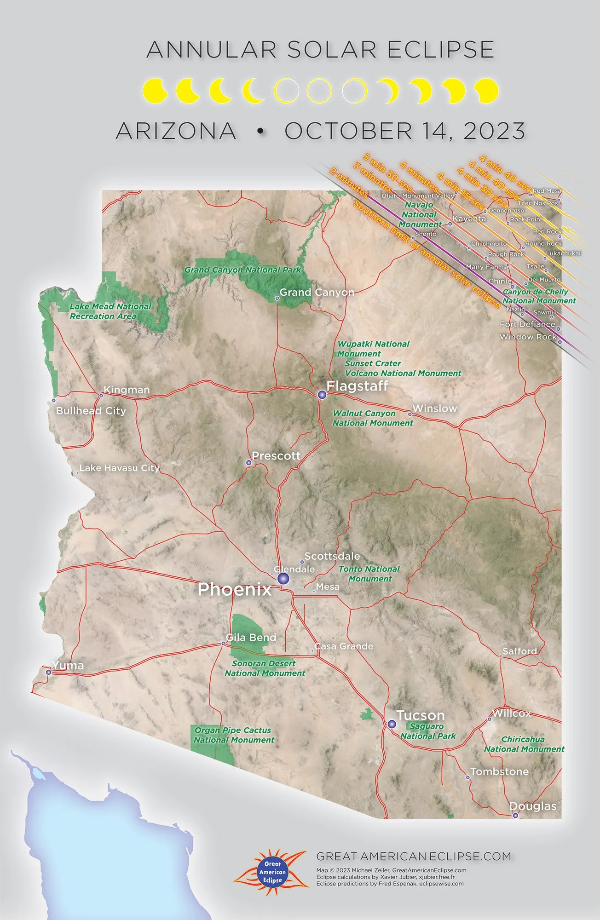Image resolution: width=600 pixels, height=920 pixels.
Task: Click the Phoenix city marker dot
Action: point(283,579)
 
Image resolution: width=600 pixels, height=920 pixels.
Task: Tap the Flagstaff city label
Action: point(357,386)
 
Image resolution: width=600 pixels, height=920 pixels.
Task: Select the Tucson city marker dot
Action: point(392,724)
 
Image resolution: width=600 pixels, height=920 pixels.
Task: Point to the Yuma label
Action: point(68,665)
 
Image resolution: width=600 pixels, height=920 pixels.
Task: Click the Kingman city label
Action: point(127,390)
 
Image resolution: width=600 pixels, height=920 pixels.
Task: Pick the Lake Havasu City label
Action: point(119,468)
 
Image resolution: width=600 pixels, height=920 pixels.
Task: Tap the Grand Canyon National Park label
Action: point(242,270)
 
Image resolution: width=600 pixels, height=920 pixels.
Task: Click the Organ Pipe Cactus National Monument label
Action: point(233,735)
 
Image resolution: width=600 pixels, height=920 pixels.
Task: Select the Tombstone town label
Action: point(499,771)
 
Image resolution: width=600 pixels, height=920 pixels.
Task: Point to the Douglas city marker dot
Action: point(515,816)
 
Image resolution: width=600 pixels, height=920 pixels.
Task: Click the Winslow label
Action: point(434,408)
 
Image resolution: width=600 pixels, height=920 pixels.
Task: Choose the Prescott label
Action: point(276,456)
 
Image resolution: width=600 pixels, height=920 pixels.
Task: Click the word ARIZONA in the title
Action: point(176,131)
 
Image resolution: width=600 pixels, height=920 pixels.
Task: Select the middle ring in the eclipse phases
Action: point(319,91)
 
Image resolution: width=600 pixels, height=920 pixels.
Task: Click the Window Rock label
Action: point(528,337)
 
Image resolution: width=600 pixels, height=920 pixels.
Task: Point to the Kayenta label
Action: point(469,218)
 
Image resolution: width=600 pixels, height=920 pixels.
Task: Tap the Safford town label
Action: point(519,651)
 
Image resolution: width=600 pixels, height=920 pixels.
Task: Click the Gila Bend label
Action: point(251,637)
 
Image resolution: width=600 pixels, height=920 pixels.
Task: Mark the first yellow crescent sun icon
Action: point(154,91)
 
